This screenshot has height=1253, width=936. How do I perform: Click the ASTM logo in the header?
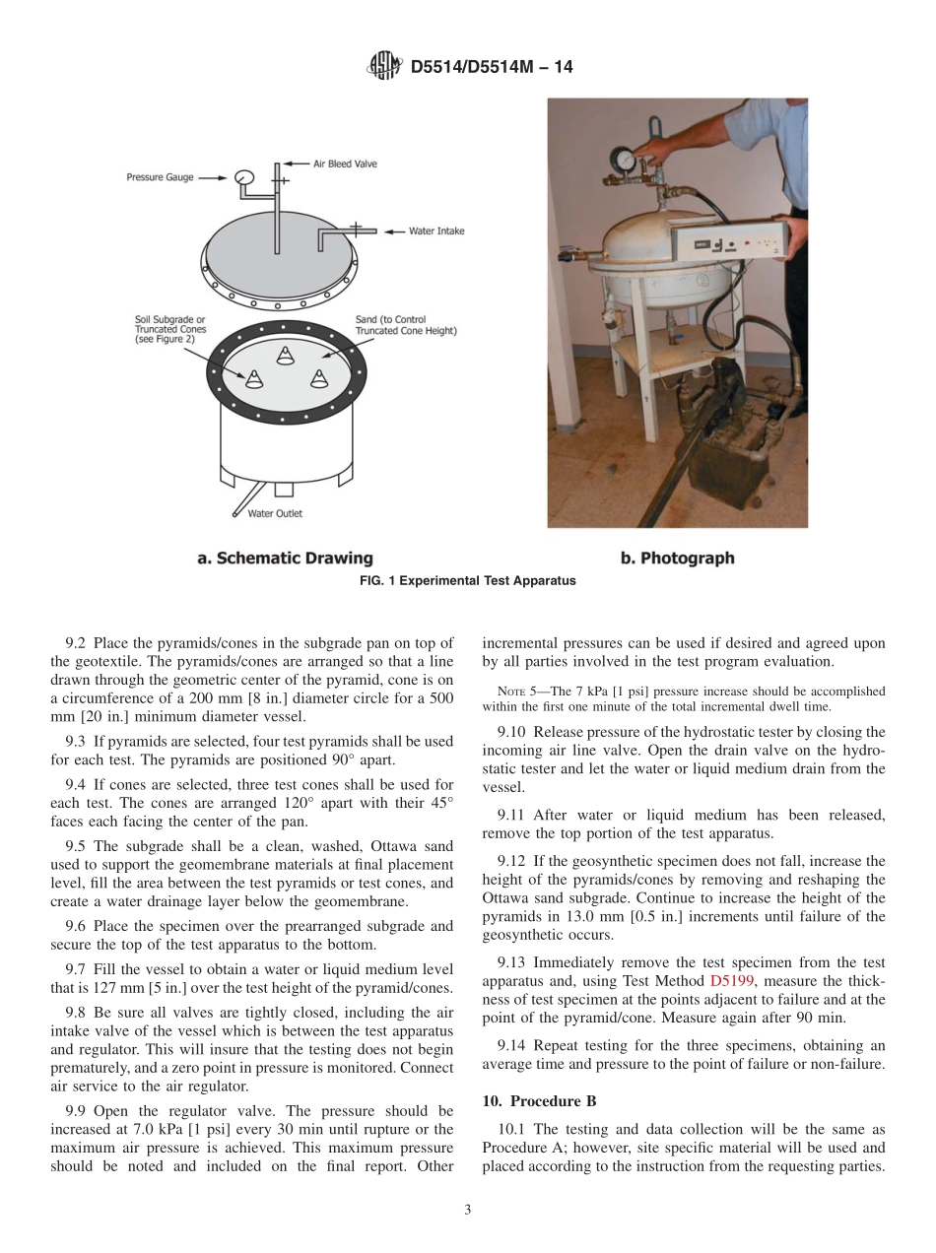coord(383,66)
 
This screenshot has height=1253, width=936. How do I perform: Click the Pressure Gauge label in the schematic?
coord(160,177)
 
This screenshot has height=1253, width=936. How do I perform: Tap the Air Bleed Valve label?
coord(345,164)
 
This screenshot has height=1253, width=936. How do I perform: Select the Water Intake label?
coord(436,231)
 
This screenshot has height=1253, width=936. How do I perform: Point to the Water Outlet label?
coord(275,513)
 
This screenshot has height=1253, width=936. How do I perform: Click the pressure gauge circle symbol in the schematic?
coord(243,177)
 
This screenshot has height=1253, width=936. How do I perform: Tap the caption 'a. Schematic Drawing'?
coord(285,559)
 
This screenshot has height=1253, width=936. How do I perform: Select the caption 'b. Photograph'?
coord(677,559)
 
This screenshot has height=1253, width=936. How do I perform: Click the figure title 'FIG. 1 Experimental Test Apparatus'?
coord(468,581)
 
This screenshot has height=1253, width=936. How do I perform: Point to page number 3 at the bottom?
coord(467,1210)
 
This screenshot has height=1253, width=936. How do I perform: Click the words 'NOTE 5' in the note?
coord(519,692)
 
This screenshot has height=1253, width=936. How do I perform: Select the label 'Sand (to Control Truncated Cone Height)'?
coord(405,325)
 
